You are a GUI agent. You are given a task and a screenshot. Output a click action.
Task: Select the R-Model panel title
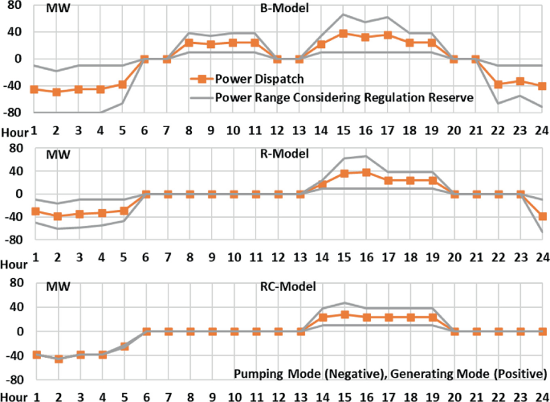[x=279, y=153]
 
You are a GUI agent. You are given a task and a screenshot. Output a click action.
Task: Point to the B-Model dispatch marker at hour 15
[x=343, y=34]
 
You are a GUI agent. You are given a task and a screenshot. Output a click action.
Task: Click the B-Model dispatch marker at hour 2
[x=56, y=92]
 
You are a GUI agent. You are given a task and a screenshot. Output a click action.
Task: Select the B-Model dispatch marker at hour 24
[x=542, y=86]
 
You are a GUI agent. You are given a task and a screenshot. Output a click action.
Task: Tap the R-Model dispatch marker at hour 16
[x=365, y=172]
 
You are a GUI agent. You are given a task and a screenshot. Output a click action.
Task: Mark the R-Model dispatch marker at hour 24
[x=542, y=216]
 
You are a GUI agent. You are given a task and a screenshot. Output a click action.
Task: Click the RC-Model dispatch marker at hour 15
[x=343, y=315]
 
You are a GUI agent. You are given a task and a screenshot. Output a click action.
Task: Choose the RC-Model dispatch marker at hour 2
[x=56, y=359]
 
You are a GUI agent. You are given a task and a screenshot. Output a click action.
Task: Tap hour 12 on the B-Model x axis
[x=277, y=129]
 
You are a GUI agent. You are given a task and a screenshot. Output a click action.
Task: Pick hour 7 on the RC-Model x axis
[x=167, y=396]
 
